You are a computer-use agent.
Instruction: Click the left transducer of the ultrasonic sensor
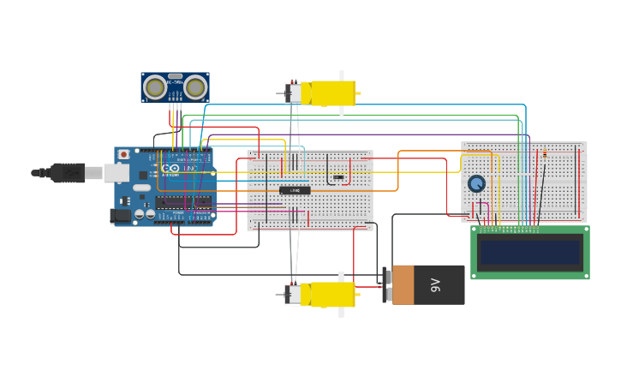point(155,87)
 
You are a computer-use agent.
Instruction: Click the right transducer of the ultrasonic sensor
point(195,87)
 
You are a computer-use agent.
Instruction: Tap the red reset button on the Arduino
point(123,154)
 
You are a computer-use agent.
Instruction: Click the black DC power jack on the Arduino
point(120,216)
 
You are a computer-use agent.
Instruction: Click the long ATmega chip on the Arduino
point(183,202)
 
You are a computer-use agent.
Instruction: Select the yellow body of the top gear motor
point(332,93)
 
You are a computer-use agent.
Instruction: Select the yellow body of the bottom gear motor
point(332,294)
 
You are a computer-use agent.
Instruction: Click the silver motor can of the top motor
point(295,93)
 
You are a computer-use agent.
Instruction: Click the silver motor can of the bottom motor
point(295,295)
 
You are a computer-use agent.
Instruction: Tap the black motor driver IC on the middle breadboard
point(295,190)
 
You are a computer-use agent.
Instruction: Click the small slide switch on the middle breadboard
point(338,177)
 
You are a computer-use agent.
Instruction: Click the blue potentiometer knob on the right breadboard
point(476,183)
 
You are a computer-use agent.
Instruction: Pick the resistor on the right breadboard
point(544,154)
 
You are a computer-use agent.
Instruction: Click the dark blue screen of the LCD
point(530,252)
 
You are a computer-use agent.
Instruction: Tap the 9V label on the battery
point(436,284)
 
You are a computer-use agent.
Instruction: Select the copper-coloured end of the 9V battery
point(403,284)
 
